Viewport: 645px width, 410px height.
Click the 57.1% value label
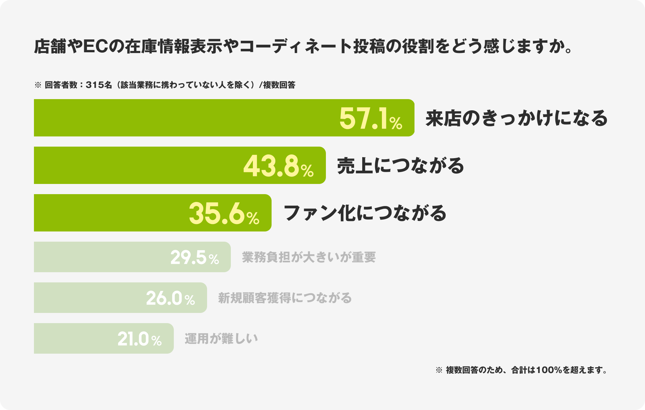click(x=370, y=119)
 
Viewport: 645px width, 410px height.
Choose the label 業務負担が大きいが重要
click(x=309, y=257)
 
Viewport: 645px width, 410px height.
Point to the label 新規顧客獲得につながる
click(x=285, y=298)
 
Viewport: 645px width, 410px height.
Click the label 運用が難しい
click(x=221, y=339)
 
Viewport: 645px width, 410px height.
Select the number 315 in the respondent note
click(x=92, y=85)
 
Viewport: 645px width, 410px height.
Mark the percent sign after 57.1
click(x=396, y=124)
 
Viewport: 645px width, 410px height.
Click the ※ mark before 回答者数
click(x=38, y=85)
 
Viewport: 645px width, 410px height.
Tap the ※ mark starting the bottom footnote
click(x=439, y=370)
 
